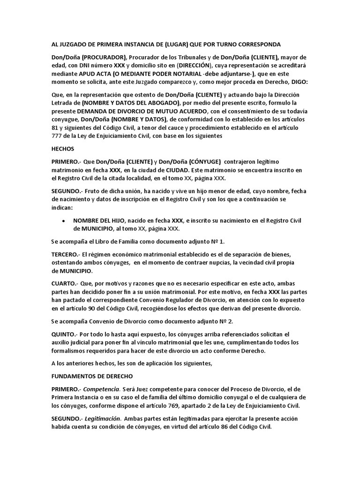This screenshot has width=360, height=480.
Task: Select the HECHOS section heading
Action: point(62,149)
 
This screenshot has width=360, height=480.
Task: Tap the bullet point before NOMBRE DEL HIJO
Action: point(63,221)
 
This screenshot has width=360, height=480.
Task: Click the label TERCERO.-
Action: point(66,254)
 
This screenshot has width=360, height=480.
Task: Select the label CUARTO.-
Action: point(65,284)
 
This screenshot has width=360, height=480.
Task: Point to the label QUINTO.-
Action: point(64,334)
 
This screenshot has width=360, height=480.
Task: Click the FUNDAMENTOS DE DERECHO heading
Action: point(92,376)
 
